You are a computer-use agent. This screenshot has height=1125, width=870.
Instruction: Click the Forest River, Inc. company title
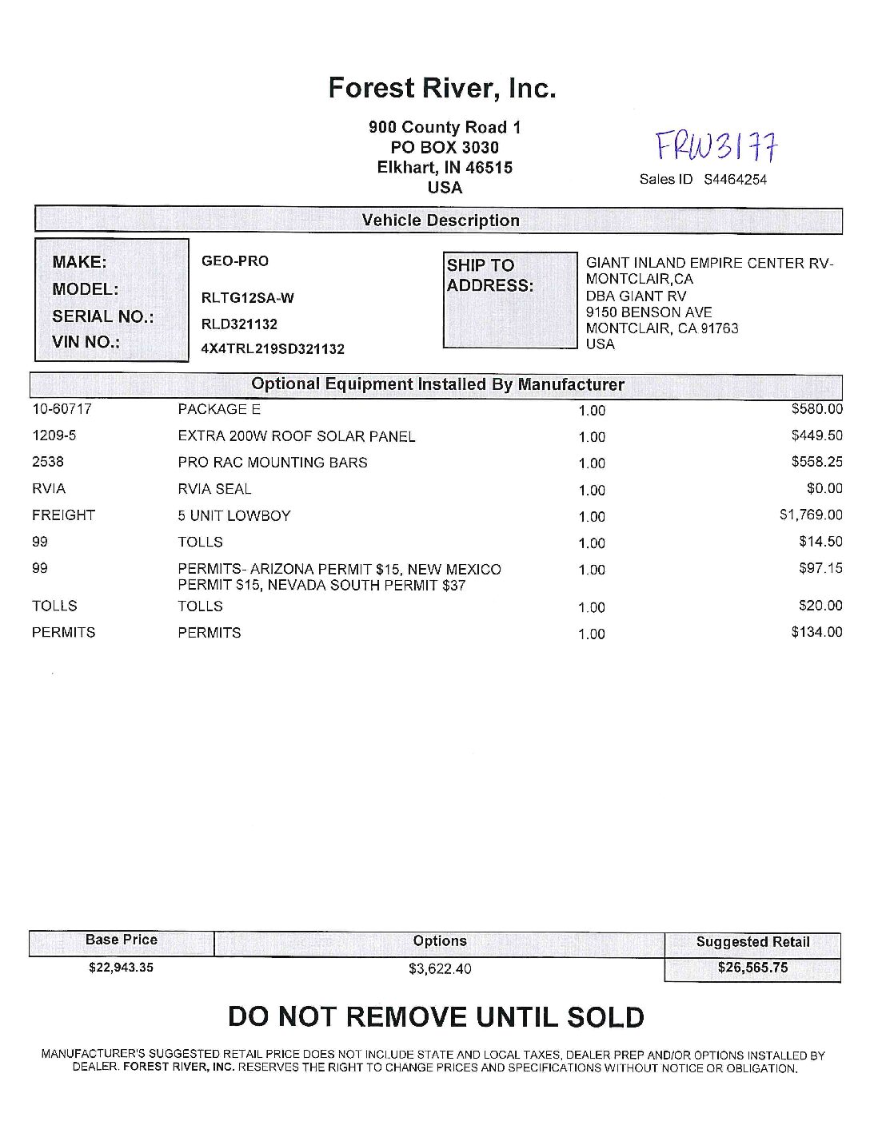click(x=441, y=88)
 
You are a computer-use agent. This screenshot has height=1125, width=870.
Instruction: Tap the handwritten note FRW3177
click(x=716, y=147)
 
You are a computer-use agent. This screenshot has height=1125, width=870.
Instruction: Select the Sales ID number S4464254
click(x=735, y=180)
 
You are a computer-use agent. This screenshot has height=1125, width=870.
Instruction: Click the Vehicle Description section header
click(x=440, y=221)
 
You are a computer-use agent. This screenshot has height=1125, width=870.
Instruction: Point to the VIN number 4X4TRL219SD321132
click(x=273, y=349)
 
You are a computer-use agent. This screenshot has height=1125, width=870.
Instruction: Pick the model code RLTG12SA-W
click(x=247, y=299)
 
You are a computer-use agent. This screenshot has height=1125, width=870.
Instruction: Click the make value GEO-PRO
click(x=235, y=261)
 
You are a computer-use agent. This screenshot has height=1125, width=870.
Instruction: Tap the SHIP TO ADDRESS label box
click(x=509, y=300)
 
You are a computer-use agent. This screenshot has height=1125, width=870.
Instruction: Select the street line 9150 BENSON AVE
click(x=649, y=312)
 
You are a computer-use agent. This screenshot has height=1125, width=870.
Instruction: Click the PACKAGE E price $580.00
click(x=816, y=409)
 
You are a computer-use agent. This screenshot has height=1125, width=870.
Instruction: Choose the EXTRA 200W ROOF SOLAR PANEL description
click(x=297, y=436)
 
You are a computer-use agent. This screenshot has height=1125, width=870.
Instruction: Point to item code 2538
click(x=48, y=462)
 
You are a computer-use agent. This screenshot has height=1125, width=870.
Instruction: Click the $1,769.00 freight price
click(x=811, y=515)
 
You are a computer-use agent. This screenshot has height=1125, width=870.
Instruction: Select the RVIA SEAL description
click(x=214, y=489)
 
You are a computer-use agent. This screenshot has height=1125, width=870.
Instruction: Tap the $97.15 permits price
click(x=820, y=568)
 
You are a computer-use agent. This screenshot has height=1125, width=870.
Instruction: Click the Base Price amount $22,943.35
click(x=121, y=968)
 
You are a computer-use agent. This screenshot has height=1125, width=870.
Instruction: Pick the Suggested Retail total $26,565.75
click(x=752, y=968)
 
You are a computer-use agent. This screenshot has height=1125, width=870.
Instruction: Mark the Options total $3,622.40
click(x=440, y=969)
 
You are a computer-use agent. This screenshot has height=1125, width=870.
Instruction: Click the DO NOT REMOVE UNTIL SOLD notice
click(x=436, y=1017)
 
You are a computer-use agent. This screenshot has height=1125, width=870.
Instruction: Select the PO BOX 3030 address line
click(x=445, y=148)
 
